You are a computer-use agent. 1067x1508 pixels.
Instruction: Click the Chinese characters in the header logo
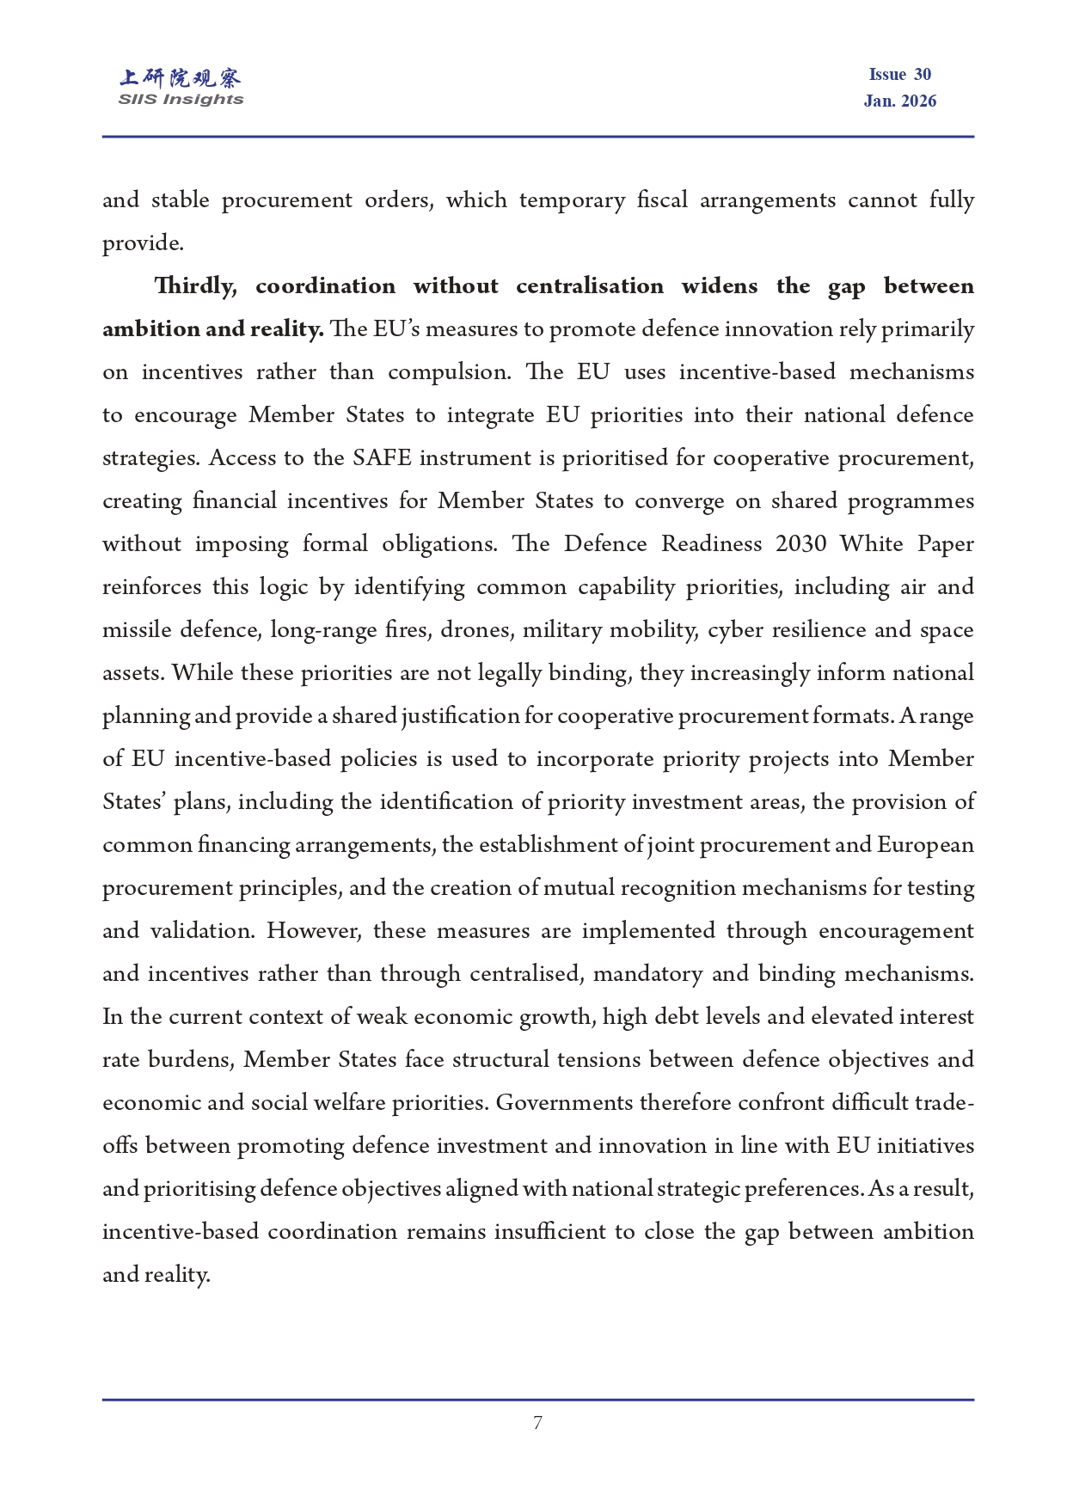(181, 78)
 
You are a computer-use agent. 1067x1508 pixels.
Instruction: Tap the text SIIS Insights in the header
(181, 100)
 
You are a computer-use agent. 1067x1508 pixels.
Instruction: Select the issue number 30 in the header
(923, 75)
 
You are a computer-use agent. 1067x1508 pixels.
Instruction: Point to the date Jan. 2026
(899, 101)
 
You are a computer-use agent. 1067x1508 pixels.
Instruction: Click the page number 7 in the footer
(537, 1423)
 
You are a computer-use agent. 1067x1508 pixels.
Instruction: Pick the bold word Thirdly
(195, 286)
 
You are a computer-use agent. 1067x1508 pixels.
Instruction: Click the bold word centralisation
(590, 286)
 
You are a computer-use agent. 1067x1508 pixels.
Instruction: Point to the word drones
(476, 630)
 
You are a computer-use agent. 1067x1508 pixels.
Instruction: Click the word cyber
(734, 630)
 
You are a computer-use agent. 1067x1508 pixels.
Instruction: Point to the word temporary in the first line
(572, 200)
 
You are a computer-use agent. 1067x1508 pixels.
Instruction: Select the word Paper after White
(945, 544)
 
